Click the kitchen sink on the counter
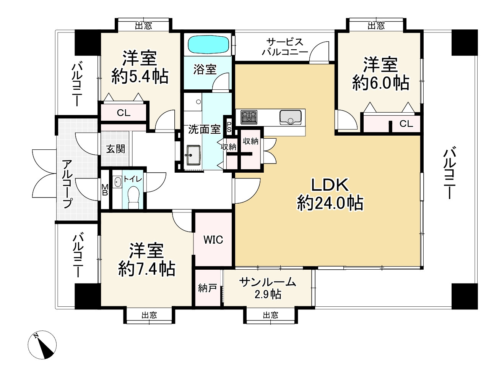291,117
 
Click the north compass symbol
42,345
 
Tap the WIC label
213,240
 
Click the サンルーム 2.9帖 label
268,288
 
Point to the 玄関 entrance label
115,149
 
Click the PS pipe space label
229,127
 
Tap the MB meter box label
105,190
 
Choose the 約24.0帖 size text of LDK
330,203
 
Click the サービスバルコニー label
285,47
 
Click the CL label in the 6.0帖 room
406,124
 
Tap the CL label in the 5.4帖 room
124,113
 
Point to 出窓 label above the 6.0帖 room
376,26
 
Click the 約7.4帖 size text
147,269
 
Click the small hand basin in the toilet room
117,182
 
